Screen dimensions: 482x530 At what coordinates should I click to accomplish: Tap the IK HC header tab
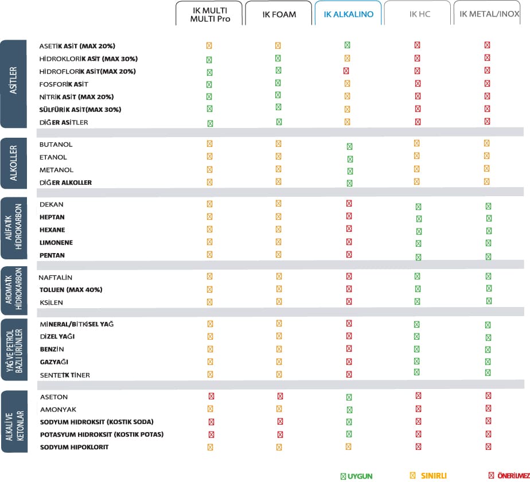(420, 14)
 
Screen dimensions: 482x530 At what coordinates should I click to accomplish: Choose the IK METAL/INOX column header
(490, 14)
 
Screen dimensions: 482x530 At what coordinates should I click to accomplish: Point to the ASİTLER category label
(14, 84)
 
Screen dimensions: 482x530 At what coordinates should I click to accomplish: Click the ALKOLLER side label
(14, 163)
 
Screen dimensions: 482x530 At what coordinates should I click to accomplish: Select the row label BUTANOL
(56, 145)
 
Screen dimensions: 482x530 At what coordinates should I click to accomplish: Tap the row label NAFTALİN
(55, 277)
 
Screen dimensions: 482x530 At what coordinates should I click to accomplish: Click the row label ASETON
(54, 397)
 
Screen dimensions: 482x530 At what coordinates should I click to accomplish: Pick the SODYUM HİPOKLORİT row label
(74, 447)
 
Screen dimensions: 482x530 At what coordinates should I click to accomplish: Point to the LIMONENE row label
(56, 243)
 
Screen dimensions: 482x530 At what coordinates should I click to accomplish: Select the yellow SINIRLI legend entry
(429, 476)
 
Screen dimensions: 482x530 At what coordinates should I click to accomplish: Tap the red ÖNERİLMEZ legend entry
(508, 476)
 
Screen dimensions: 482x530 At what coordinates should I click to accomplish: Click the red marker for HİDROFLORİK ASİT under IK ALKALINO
(346, 71)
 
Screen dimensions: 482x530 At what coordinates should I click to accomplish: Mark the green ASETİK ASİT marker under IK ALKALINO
(348, 45)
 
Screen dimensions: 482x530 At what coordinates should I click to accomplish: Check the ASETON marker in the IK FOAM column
(280, 396)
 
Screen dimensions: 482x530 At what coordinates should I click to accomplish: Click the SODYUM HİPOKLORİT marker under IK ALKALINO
(348, 446)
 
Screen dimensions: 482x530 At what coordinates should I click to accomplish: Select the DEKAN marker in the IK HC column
(418, 207)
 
